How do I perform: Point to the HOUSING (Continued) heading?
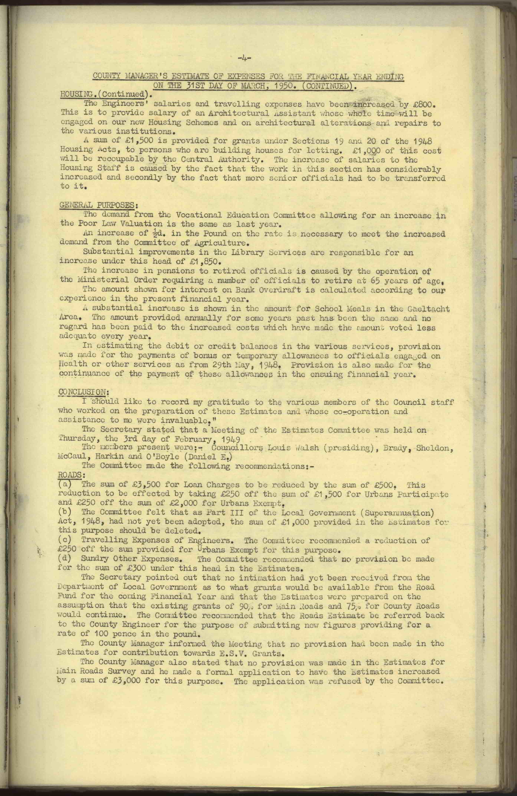104,94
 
